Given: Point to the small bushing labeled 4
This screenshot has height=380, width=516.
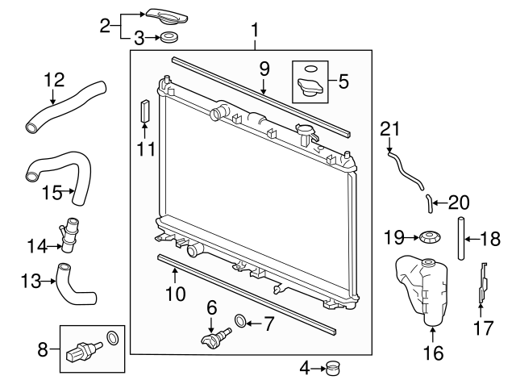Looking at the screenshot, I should click(332, 370).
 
